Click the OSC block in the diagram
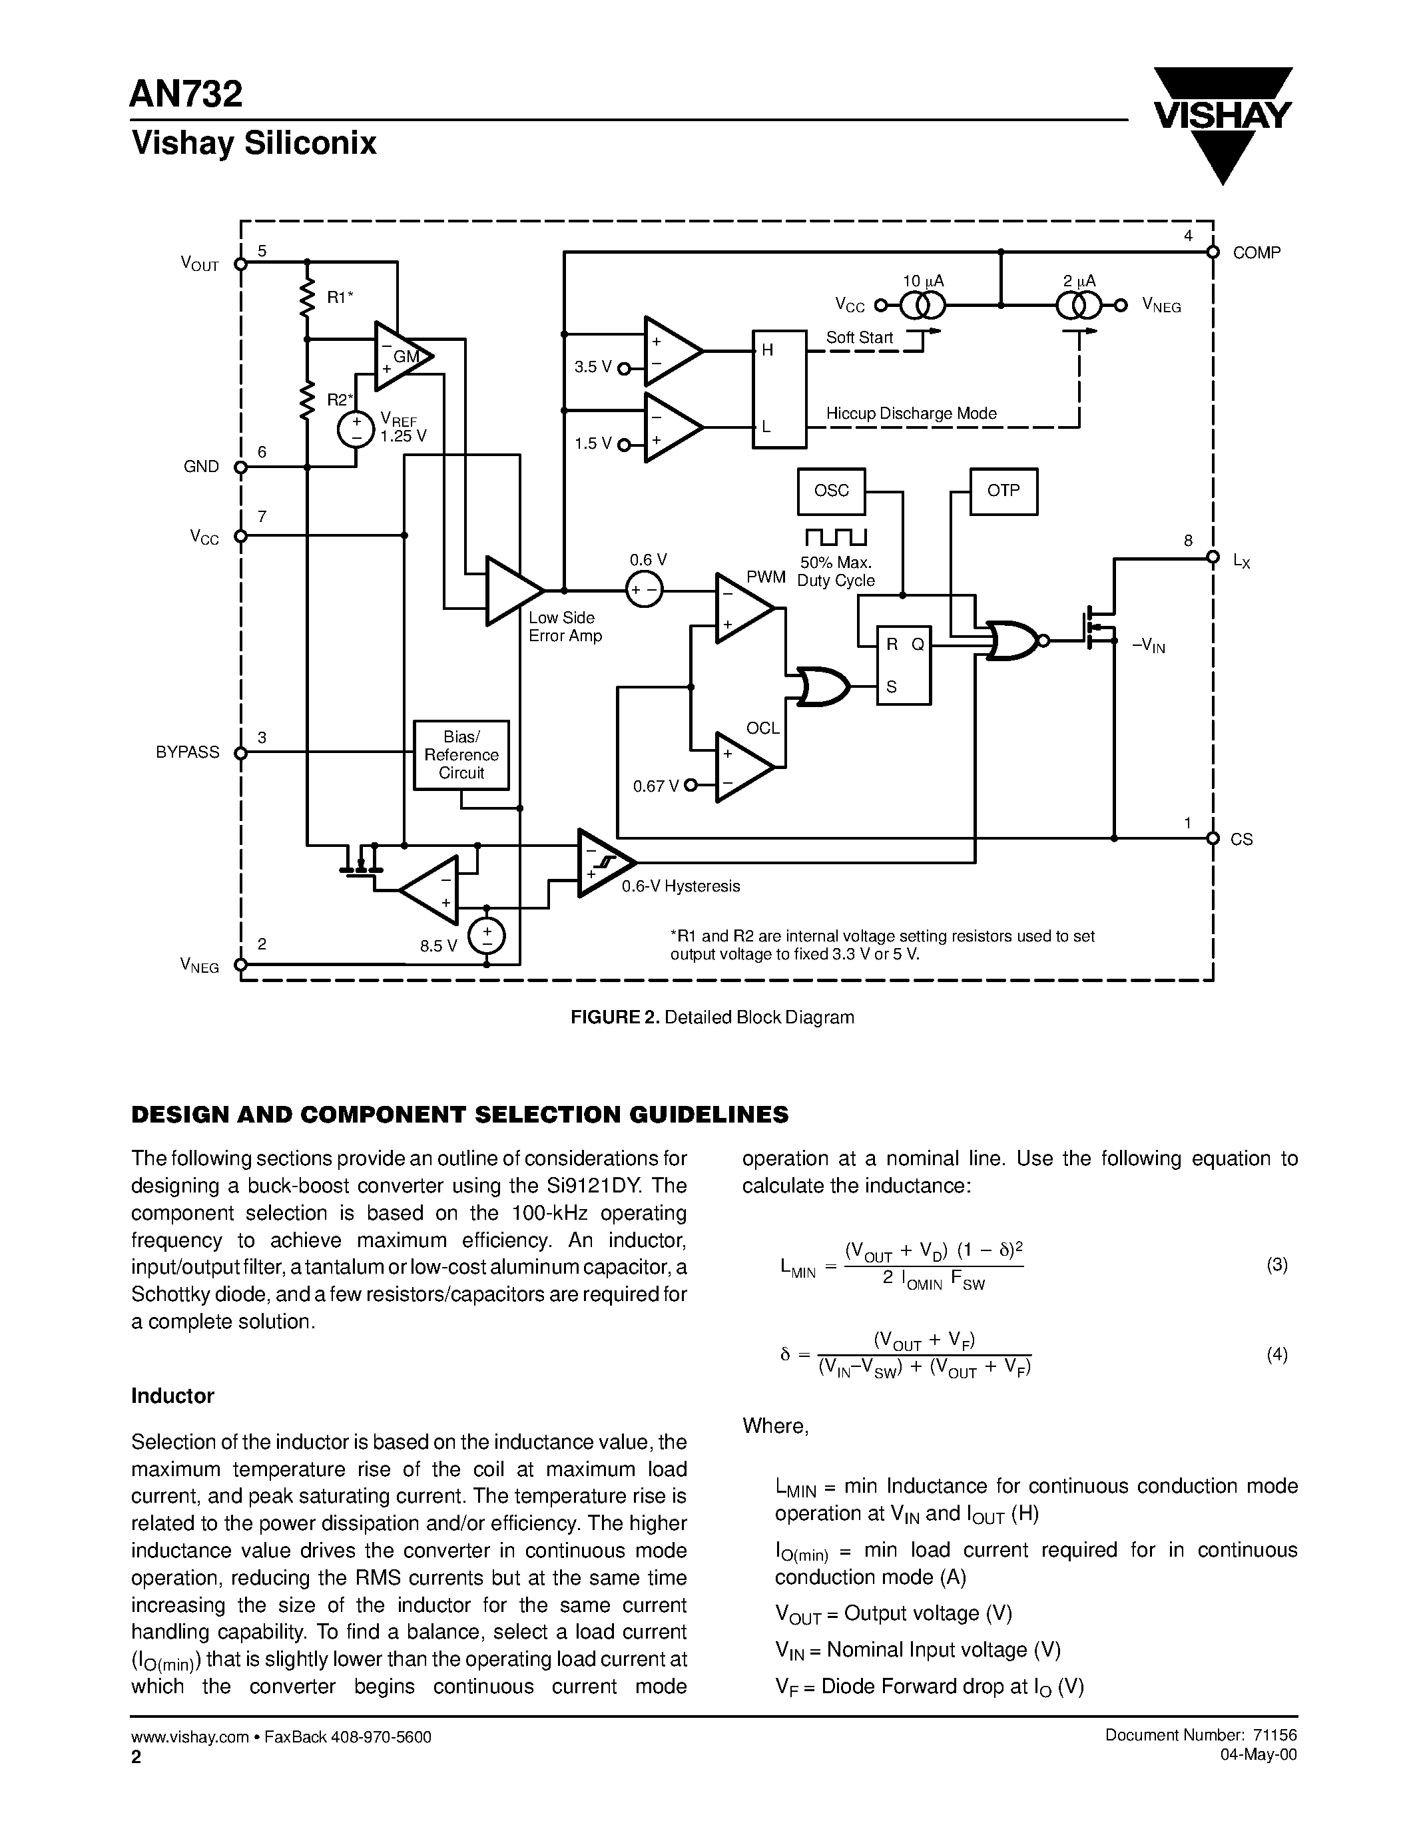click(x=831, y=491)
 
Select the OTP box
click(x=1003, y=491)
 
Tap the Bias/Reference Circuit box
click(x=461, y=754)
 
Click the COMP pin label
click(x=1256, y=253)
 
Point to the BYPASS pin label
click(x=188, y=752)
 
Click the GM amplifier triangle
click(x=401, y=357)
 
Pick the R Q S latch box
click(x=904, y=665)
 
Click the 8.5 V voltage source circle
click(x=487, y=936)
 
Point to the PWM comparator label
click(x=765, y=577)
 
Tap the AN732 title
click(x=186, y=94)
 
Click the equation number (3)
click(x=1276, y=1265)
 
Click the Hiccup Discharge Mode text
click(x=910, y=413)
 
